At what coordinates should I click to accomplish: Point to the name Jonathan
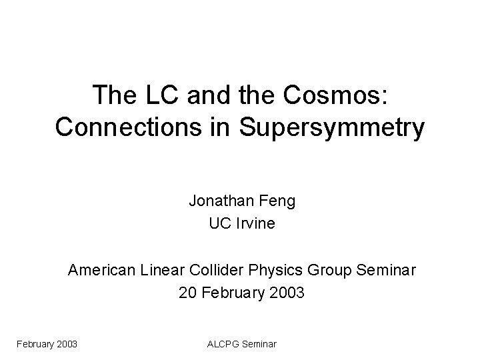click(219, 201)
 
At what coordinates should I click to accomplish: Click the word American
click(102, 270)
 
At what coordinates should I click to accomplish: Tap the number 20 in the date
click(188, 293)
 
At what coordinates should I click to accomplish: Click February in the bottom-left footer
click(35, 344)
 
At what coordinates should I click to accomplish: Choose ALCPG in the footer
click(223, 344)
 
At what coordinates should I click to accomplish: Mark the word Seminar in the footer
click(259, 344)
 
